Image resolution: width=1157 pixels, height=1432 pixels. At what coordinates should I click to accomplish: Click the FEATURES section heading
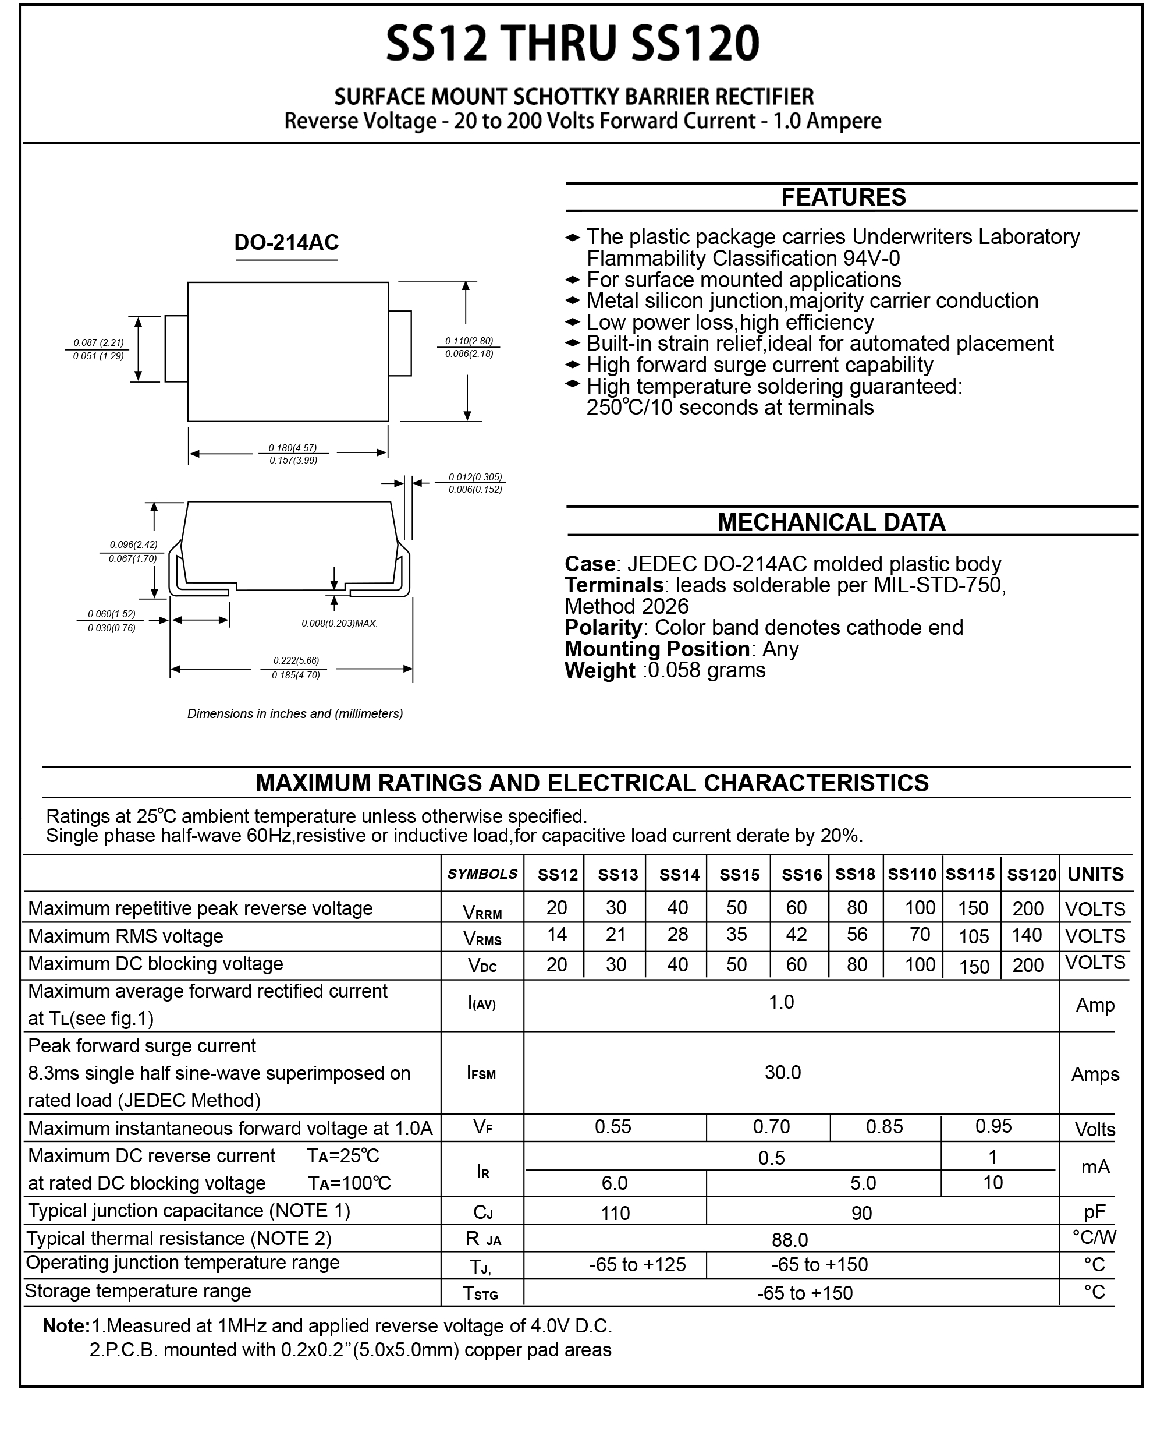843,197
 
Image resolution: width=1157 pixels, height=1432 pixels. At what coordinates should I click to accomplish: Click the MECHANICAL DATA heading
831,522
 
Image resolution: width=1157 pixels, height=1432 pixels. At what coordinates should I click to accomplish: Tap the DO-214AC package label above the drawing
286,242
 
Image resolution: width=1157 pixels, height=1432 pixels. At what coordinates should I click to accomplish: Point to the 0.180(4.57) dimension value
293,448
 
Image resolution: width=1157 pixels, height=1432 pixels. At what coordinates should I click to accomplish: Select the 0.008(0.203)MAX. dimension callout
339,623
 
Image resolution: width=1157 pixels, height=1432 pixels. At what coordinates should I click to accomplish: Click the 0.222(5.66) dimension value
296,660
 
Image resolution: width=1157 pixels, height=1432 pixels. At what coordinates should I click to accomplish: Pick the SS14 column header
679,875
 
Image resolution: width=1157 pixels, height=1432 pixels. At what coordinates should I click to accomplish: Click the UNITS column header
1095,875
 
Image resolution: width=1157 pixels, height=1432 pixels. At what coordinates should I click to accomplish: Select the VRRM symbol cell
482,912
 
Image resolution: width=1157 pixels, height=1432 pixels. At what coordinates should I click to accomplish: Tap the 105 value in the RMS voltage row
973,936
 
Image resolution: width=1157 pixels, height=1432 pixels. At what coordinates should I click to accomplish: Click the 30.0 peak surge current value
782,1072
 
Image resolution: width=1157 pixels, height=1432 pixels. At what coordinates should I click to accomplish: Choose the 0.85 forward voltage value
885,1126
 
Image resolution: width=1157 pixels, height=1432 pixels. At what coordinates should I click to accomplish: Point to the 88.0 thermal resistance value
790,1239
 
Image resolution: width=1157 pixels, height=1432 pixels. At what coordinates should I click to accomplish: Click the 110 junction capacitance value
615,1212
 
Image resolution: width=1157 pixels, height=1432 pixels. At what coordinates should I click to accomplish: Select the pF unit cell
1094,1212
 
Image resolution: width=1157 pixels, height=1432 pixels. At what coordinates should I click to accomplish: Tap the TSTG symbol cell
481,1293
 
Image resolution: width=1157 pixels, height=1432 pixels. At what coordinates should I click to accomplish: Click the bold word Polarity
602,628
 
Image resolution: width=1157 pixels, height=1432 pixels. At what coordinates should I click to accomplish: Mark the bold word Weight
600,670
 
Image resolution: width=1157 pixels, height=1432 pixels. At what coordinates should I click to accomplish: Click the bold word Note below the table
66,1325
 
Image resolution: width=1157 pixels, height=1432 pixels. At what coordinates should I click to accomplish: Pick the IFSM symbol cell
481,1073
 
